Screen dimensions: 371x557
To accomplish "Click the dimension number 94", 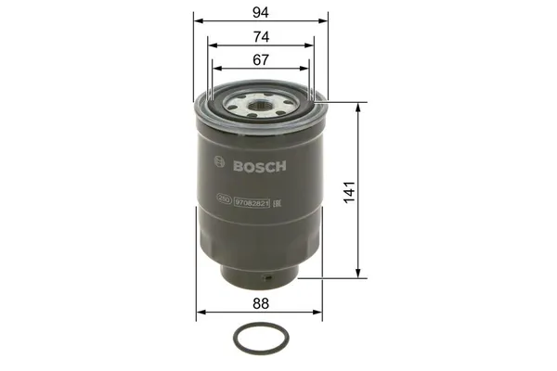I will click(x=262, y=13).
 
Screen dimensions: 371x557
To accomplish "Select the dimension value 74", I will click(x=262, y=36).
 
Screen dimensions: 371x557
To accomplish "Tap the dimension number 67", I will click(x=261, y=59).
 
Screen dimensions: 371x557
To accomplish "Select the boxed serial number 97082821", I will click(x=251, y=199).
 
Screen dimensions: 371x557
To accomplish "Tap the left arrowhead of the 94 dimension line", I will click(x=197, y=21).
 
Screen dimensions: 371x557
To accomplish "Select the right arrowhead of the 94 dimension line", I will click(x=326, y=21).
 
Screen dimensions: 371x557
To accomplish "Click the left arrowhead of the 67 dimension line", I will click(x=215, y=67).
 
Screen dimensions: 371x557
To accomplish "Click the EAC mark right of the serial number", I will click(x=278, y=199).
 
